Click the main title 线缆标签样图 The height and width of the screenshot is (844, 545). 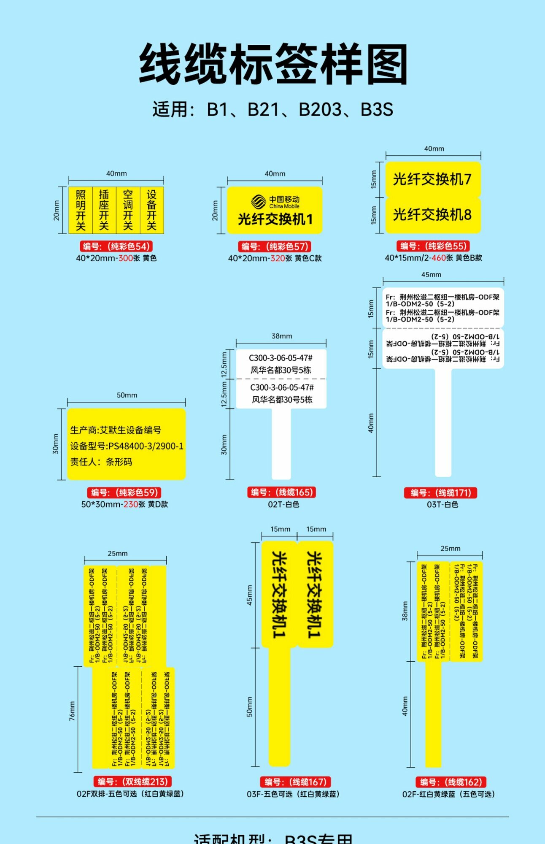273,65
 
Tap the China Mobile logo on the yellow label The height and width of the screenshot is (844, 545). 259,202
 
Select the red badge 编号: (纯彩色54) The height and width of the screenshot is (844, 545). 116,246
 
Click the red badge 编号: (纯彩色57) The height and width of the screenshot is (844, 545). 275,246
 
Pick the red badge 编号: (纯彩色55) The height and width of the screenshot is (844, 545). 433,246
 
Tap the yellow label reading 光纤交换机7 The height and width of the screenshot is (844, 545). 432,179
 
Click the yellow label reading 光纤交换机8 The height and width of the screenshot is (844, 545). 432,215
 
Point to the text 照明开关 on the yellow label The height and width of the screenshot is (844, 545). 81,210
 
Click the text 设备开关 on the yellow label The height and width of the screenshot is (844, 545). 151,210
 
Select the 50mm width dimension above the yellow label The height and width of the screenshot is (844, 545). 127,395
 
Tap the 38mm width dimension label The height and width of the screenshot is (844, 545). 281,336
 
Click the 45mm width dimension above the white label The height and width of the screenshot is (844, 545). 431,275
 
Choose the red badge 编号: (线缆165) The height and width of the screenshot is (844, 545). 281,492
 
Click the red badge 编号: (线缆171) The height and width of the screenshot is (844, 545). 441,492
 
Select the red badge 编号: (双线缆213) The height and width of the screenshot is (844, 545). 133,782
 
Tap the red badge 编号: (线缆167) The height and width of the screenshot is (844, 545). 295,782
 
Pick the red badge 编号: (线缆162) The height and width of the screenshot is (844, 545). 451,782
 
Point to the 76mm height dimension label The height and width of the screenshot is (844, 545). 72,711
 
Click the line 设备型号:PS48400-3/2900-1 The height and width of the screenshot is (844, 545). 127,446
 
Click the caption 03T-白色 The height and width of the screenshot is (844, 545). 442,504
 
